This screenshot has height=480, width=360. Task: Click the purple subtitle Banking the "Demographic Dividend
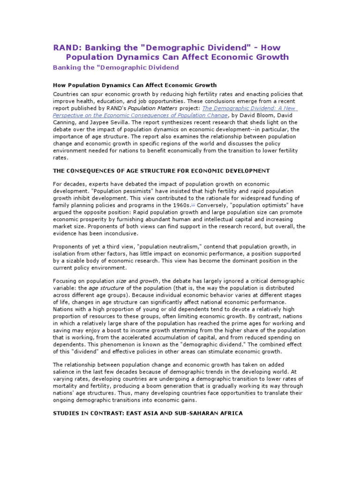point(116,67)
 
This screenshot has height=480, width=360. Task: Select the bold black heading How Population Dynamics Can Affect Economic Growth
point(135,85)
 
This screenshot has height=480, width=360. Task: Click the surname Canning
point(66,122)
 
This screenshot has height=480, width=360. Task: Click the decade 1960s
point(180,205)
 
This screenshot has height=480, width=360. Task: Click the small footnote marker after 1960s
point(193,204)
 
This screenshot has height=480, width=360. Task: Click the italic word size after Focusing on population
point(121,281)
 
